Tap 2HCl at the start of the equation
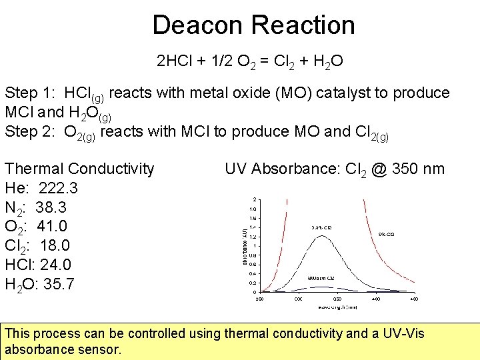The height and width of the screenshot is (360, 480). click(x=175, y=62)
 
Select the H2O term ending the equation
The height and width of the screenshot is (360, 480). click(x=328, y=63)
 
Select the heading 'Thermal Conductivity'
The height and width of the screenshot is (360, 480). click(x=79, y=169)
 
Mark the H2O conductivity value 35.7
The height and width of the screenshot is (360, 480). click(x=58, y=284)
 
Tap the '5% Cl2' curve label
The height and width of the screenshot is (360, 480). click(x=386, y=235)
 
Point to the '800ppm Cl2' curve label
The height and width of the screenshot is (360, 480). click(x=319, y=277)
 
